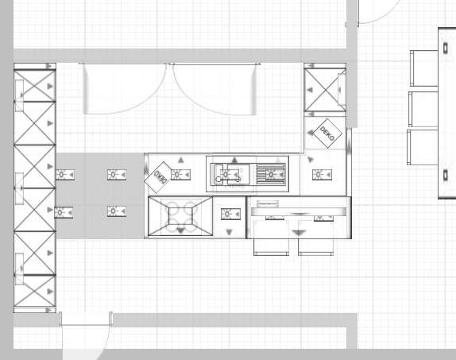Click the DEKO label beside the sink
tap(158, 177)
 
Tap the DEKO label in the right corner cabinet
tap(327, 134)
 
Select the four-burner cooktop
tap(180, 216)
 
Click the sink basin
tap(232, 174)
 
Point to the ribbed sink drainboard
tap(270, 174)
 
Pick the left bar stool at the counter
tap(272, 238)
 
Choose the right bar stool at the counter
tap(316, 238)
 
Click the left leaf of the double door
tap(125, 88)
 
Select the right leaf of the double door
tap(215, 89)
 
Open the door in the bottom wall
tap(85, 335)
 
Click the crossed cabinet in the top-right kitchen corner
tap(325, 90)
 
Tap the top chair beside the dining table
tap(424, 68)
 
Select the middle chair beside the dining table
tap(423, 109)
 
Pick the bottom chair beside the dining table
tap(423, 147)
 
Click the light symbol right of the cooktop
tap(230, 215)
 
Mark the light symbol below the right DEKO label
tap(322, 175)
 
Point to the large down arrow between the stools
tap(299, 233)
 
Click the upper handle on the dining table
tap(446, 48)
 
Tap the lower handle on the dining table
tap(446, 175)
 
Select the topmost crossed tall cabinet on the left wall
tap(35, 86)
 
